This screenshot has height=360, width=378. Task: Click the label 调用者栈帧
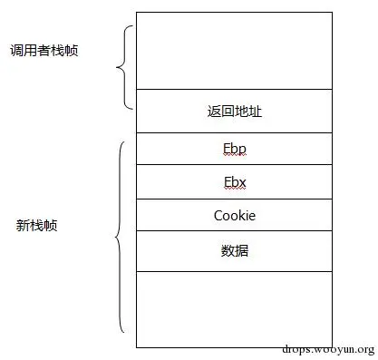[44, 50]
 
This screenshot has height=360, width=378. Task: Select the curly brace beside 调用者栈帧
[122, 67]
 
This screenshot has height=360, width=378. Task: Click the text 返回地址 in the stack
[234, 112]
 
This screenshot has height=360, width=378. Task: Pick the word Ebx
[234, 182]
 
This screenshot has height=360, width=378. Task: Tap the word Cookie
[235, 216]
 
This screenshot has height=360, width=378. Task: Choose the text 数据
[234, 250]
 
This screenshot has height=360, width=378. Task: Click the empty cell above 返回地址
[234, 51]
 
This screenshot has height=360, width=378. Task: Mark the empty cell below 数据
[234, 308]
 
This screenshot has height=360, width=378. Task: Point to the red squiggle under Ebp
[234, 156]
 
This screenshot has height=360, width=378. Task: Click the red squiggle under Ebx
[234, 190]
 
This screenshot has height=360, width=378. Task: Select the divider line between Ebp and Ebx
[234, 165]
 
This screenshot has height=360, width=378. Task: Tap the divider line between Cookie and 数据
[234, 231]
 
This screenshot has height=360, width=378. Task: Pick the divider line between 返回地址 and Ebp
[234, 132]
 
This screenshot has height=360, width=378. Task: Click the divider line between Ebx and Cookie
[234, 199]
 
